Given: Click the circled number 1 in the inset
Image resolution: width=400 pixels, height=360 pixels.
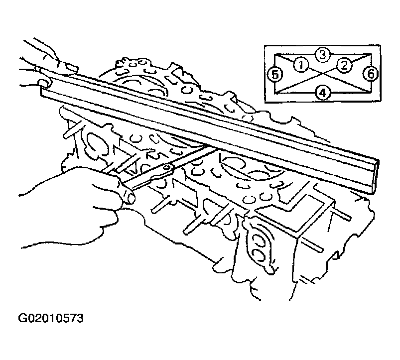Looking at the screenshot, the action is pyautogui.click(x=301, y=65).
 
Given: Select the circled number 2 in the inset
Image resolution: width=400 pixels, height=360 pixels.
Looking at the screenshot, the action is pyautogui.click(x=344, y=66).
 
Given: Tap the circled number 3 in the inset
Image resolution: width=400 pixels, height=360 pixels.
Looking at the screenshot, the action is pyautogui.click(x=323, y=55).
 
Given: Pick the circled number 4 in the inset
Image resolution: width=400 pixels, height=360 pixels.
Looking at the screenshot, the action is pyautogui.click(x=323, y=93).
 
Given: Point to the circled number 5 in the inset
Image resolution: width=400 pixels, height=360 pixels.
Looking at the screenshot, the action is pyautogui.click(x=275, y=75).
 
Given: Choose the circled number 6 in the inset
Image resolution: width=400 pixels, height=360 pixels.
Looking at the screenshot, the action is pyautogui.click(x=371, y=74).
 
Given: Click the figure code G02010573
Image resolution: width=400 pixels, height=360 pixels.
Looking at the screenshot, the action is pyautogui.click(x=51, y=319).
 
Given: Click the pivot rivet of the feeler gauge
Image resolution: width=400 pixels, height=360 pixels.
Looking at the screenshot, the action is pyautogui.click(x=167, y=167).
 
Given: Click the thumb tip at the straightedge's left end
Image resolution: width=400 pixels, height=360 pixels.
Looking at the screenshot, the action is pyautogui.click(x=44, y=83).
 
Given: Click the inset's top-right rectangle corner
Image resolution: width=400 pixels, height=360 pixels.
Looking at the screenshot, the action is pyautogui.click(x=371, y=54).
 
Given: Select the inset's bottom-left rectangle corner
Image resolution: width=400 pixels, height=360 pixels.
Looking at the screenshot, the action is pyautogui.click(x=275, y=93).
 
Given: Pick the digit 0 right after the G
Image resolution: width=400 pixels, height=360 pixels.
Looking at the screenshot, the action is pyautogui.click(x=30, y=319).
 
